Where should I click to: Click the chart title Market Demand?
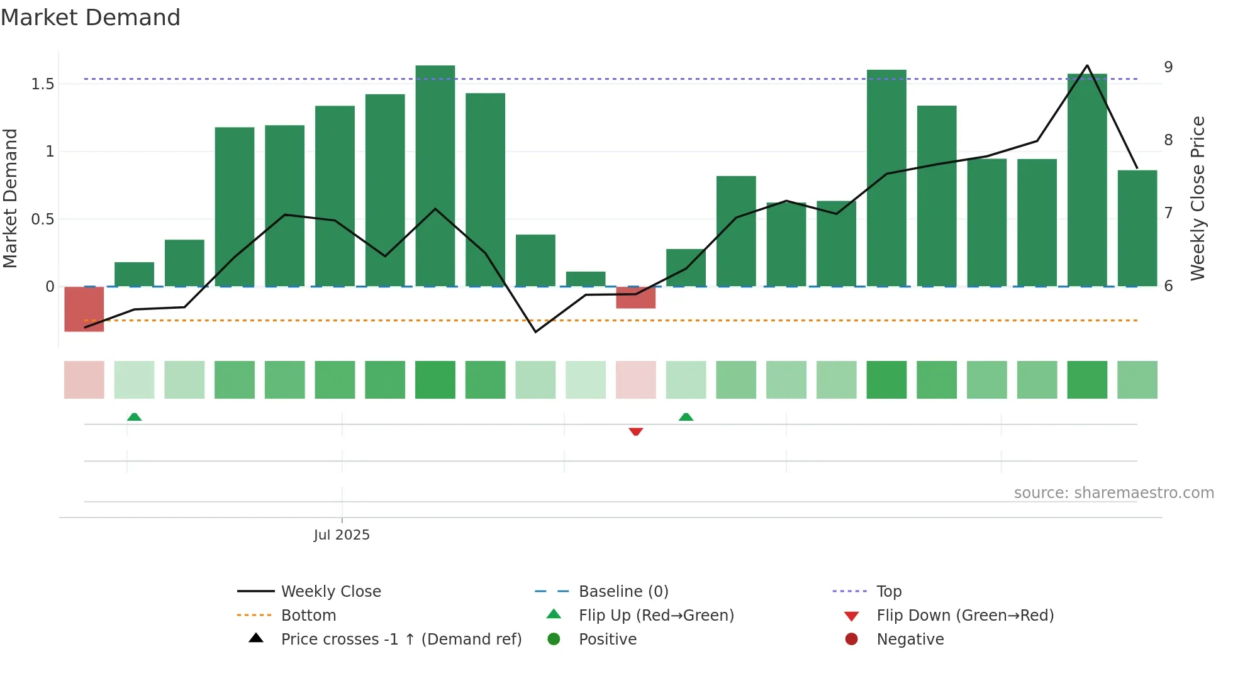(91, 18)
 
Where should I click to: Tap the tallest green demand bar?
(435, 176)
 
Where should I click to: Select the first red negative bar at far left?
(84, 309)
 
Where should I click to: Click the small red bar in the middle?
(635, 297)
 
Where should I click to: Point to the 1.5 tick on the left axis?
(43, 84)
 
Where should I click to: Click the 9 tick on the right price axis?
(1168, 67)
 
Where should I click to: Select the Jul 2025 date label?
(342, 535)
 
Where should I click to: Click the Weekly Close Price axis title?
(1198, 198)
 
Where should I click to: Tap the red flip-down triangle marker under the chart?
(635, 431)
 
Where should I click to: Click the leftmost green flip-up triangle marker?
(134, 417)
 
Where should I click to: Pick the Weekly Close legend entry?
(330, 592)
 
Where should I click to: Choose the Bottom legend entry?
(308, 616)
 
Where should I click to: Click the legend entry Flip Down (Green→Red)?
(964, 616)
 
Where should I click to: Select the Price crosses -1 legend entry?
(401, 640)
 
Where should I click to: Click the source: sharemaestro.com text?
(1113, 493)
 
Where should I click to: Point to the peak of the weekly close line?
(1087, 65)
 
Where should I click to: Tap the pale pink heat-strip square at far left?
(84, 380)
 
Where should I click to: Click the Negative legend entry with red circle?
(910, 640)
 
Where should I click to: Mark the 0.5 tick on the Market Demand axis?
(43, 219)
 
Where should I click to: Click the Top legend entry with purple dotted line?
(888, 592)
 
